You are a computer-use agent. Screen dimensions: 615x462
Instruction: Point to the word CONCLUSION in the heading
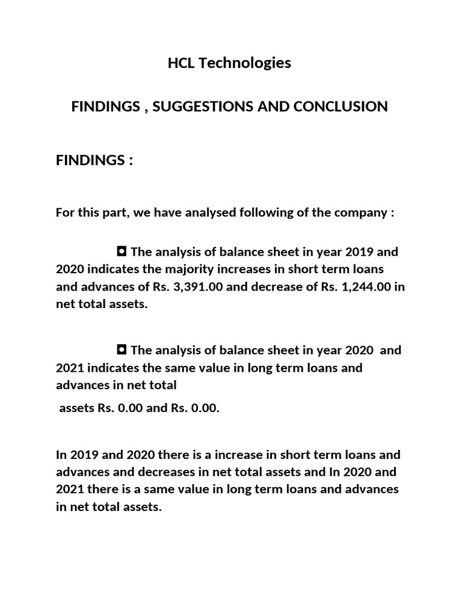coord(339,107)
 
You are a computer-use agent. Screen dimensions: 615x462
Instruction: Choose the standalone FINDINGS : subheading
coord(94,161)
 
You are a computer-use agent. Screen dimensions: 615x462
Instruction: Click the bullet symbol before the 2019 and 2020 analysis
coord(122,251)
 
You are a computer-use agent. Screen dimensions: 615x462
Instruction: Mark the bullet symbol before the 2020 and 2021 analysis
coord(122,350)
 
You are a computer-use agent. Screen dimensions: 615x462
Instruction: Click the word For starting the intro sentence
coord(66,213)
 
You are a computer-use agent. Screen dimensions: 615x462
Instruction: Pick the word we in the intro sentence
coord(139,213)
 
